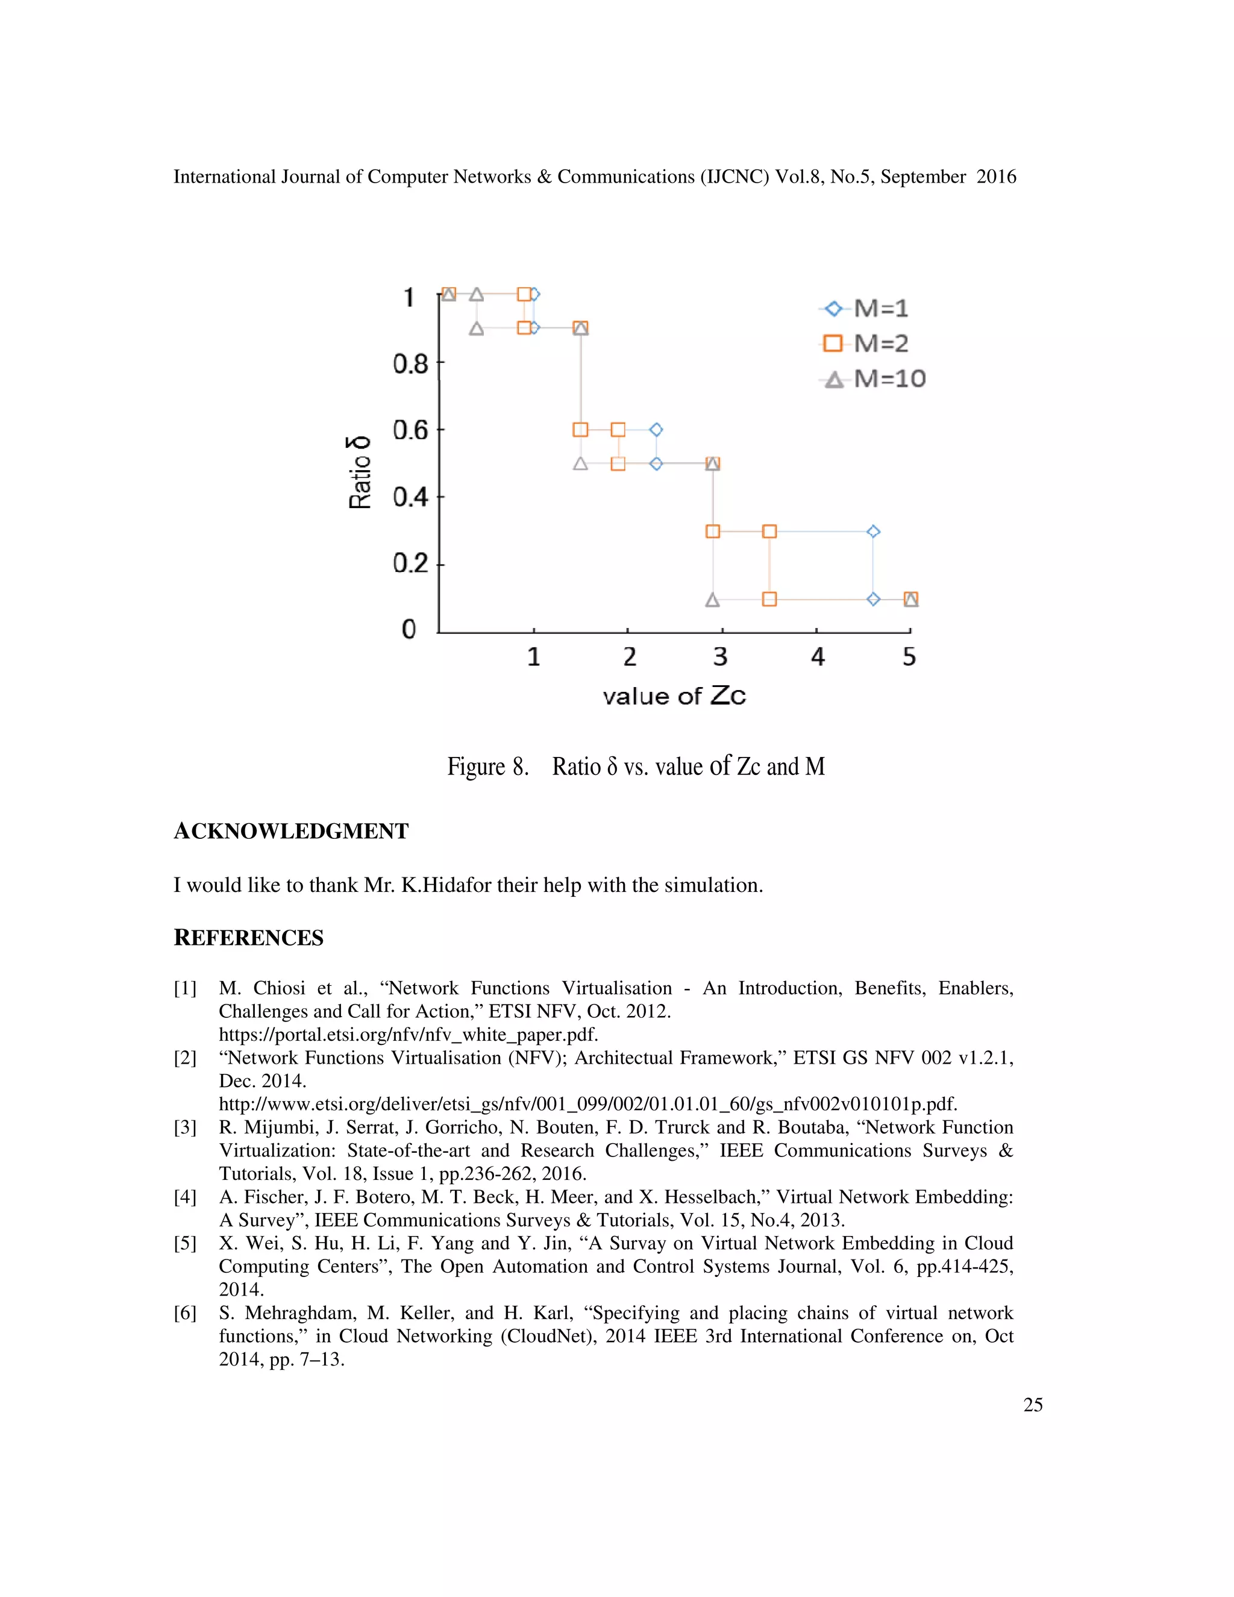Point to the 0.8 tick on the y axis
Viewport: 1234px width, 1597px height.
pyautogui.click(x=410, y=363)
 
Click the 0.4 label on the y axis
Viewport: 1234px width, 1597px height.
pyautogui.click(x=410, y=497)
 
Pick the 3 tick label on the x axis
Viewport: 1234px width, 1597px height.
pyautogui.click(x=721, y=657)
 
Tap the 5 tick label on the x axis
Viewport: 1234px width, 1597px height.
pyautogui.click(x=909, y=657)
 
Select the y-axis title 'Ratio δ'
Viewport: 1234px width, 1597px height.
pyautogui.click(x=359, y=472)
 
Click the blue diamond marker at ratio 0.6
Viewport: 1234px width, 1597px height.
pyautogui.click(x=656, y=429)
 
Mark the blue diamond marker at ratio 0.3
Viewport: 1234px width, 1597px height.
pyautogui.click(x=873, y=532)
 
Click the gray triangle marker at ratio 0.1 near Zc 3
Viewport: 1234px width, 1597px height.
pyautogui.click(x=713, y=600)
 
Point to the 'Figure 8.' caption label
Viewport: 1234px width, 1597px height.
pyautogui.click(x=487, y=767)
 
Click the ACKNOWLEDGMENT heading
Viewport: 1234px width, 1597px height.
pyautogui.click(x=291, y=832)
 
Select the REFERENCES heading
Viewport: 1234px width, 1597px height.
pyautogui.click(x=249, y=938)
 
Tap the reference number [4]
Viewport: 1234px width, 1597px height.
pyautogui.click(x=185, y=1197)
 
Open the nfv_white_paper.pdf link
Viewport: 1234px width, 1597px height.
pyautogui.click(x=408, y=1035)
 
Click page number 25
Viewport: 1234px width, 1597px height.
pyautogui.click(x=1033, y=1405)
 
